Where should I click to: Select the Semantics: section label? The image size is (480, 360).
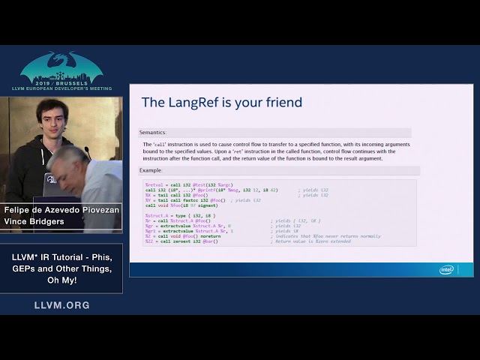pyautogui.click(x=152, y=132)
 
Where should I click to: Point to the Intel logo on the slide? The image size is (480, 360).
pyautogui.click(x=447, y=269)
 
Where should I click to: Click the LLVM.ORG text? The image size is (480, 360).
pyautogui.click(x=61, y=305)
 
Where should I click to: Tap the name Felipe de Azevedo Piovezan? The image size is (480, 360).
pyautogui.click(x=61, y=210)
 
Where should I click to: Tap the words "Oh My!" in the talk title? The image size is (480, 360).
pyautogui.click(x=61, y=280)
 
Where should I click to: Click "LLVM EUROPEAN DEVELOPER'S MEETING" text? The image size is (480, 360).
pyautogui.click(x=61, y=88)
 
